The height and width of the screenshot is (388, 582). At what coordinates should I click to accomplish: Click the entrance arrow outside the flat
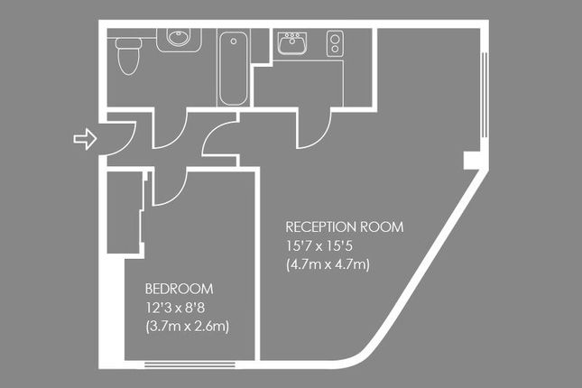click(86, 139)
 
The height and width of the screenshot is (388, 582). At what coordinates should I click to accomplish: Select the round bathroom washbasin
click(179, 37)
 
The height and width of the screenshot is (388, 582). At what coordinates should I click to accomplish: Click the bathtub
click(233, 69)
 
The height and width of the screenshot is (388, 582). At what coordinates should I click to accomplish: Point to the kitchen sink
click(292, 43)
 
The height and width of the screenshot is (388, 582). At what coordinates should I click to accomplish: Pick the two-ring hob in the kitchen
click(335, 43)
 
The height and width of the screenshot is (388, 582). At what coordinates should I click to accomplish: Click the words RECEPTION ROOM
click(344, 226)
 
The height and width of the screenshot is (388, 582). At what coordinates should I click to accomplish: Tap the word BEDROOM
click(179, 289)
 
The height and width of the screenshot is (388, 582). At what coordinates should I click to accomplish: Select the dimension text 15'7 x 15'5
click(319, 245)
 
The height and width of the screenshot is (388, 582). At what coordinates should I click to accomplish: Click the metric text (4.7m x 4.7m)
click(328, 264)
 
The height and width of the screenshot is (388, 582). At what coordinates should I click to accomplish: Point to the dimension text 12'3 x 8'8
click(175, 308)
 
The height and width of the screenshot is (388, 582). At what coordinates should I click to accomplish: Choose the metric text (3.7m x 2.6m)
click(188, 327)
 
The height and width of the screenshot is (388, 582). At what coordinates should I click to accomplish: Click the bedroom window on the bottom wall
click(189, 365)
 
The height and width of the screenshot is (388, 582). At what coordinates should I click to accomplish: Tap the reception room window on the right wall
click(484, 95)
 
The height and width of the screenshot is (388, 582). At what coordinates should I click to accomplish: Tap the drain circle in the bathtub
click(234, 42)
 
